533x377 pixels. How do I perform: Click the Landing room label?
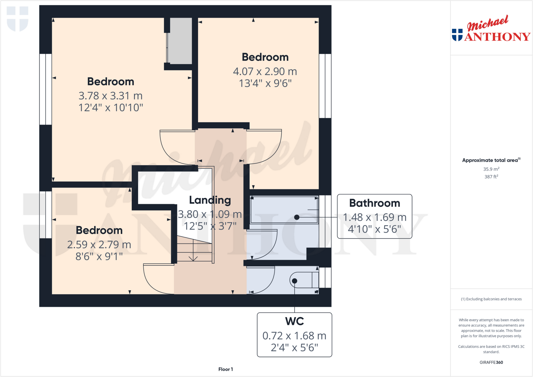click(210, 200)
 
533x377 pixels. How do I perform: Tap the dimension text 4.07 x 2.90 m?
click(265, 71)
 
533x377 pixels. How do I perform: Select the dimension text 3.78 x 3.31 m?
click(111, 96)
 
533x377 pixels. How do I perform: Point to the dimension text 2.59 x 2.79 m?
click(99, 245)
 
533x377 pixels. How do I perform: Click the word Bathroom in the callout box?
click(374, 203)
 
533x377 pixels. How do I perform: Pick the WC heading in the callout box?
click(294, 321)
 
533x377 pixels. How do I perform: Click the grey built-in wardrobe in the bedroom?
click(180, 41)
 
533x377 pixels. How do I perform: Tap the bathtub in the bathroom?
click(284, 210)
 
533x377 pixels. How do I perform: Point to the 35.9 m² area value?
click(491, 169)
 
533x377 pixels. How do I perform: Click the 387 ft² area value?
click(491, 177)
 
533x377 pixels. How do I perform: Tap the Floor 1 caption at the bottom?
click(225, 369)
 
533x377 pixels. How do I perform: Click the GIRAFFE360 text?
click(491, 362)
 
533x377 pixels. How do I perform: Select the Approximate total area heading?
click(491, 160)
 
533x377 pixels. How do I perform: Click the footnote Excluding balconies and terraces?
click(491, 299)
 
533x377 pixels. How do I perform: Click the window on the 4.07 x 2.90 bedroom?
click(325, 86)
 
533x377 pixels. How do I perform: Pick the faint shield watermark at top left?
click(17, 19)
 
